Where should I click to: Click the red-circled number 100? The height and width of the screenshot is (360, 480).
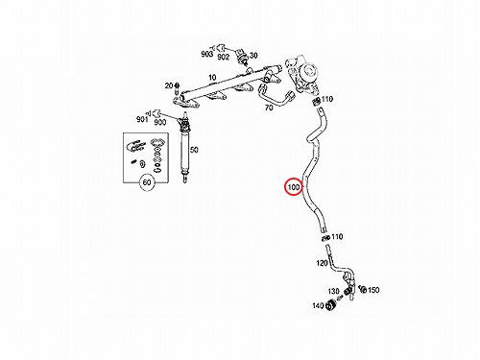click(294, 187)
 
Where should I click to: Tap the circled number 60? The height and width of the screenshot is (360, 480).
click(147, 182)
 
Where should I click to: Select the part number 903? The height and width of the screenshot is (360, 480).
click(206, 54)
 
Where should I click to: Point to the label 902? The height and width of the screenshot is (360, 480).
click(223, 57)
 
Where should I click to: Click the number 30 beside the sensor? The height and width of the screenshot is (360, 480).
click(253, 56)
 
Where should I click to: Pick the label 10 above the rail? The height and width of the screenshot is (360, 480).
click(212, 78)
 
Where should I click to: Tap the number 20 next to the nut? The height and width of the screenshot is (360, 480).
click(169, 85)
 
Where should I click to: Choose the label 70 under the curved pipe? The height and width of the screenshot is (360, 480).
click(269, 108)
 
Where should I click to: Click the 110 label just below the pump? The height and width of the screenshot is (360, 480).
click(327, 99)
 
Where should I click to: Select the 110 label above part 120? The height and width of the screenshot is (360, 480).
click(337, 237)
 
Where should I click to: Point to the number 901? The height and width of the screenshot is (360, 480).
click(142, 119)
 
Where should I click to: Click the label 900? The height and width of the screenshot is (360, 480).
click(160, 122)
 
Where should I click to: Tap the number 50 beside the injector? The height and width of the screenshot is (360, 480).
click(194, 150)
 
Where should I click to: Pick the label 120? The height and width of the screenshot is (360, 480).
click(322, 263)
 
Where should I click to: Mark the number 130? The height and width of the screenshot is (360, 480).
click(333, 291)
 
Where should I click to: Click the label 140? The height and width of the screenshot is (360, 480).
click(318, 306)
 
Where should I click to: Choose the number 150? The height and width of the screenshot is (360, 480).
click(373, 290)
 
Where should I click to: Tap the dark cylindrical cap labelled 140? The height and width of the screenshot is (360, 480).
click(330, 305)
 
